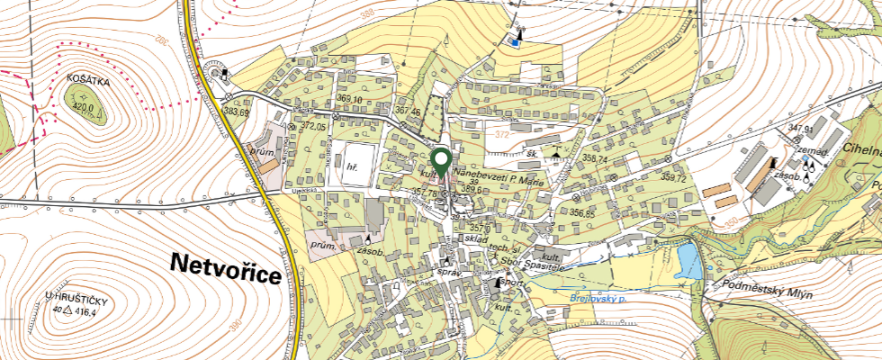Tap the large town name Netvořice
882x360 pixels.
pos(225,266)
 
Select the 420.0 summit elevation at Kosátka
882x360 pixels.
pos(83,105)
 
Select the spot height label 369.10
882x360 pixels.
pos(349,99)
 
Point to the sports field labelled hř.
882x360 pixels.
pos(351,166)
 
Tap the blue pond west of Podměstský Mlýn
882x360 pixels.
pos(689,262)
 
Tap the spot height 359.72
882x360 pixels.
pos(674,178)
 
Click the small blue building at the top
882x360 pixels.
pos(514,40)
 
